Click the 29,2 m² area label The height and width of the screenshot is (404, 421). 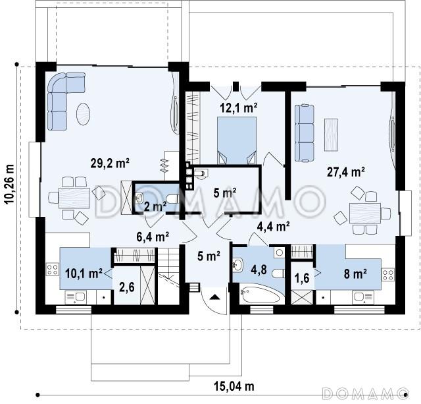[x=110, y=163]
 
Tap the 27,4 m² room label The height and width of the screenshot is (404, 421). [x=346, y=171]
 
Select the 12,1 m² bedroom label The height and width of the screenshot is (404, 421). [x=239, y=107]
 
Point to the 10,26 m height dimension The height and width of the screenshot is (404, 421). [x=9, y=187]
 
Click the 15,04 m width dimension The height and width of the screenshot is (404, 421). [x=234, y=386]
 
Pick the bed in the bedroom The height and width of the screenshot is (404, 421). [x=237, y=140]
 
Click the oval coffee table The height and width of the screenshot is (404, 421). [x=84, y=114]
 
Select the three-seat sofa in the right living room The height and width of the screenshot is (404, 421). [x=305, y=133]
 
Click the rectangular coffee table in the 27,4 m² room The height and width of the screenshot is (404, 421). [x=332, y=134]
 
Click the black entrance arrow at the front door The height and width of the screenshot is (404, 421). [x=215, y=297]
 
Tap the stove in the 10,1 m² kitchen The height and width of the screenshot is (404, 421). [x=53, y=269]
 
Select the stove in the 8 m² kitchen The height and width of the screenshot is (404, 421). [x=388, y=275]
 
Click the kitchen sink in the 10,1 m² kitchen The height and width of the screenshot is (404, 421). [x=76, y=297]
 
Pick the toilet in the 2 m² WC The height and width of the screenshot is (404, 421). [x=172, y=199]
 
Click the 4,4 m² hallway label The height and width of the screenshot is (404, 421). [x=273, y=227]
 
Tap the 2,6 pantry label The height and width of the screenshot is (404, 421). [x=127, y=287]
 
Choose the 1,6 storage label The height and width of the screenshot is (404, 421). [x=302, y=278]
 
